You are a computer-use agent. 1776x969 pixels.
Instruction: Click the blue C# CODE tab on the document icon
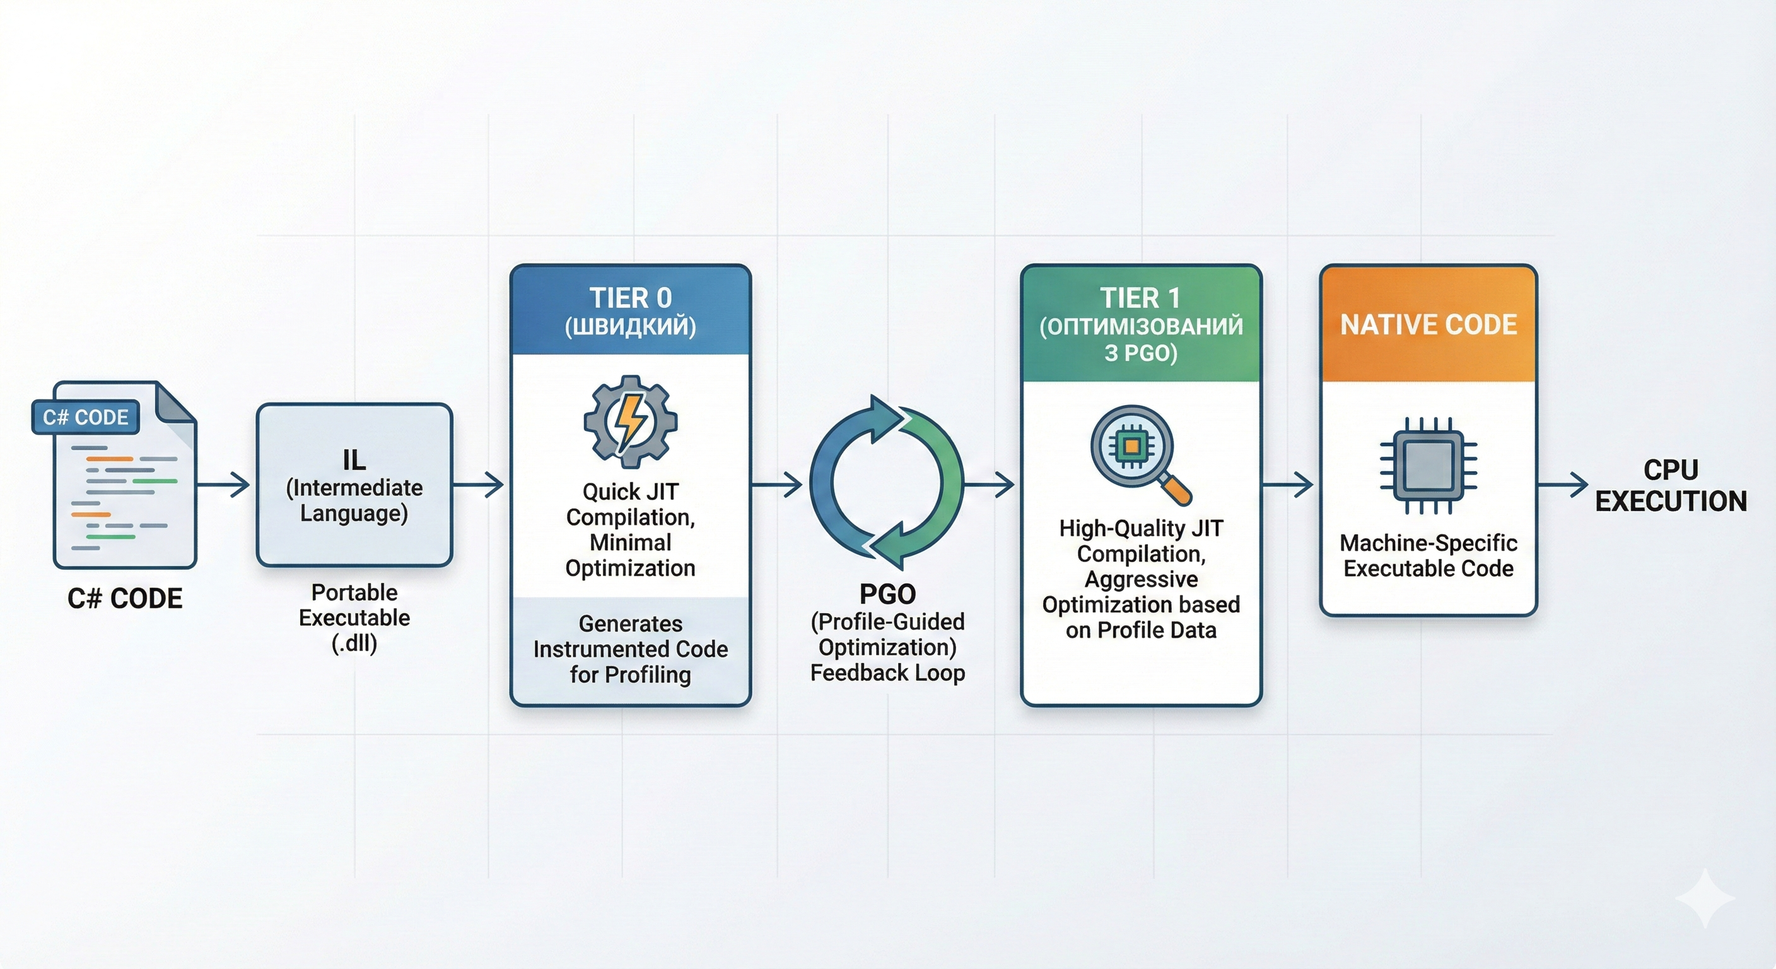click(x=86, y=417)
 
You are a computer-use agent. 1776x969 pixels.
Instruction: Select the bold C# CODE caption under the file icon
click(x=125, y=598)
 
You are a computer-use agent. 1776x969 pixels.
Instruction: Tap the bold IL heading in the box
click(x=354, y=460)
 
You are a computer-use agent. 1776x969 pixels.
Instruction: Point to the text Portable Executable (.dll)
click(x=354, y=617)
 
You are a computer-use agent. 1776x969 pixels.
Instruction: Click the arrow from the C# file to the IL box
click(x=223, y=485)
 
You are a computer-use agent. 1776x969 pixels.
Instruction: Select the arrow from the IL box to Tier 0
click(x=479, y=485)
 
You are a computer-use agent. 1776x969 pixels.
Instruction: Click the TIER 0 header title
click(x=630, y=298)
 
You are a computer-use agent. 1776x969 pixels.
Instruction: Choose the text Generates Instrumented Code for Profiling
click(x=630, y=649)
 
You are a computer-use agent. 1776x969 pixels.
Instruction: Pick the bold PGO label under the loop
click(x=887, y=594)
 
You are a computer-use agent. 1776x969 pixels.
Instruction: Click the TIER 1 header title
click(x=1140, y=298)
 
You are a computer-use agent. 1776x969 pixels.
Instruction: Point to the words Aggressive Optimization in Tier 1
click(x=1141, y=592)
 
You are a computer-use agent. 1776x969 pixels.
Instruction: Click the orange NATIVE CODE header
click(x=1428, y=324)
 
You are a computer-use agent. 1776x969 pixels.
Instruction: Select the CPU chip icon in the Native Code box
click(x=1428, y=466)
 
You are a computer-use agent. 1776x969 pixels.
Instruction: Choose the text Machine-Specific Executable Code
click(x=1428, y=555)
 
